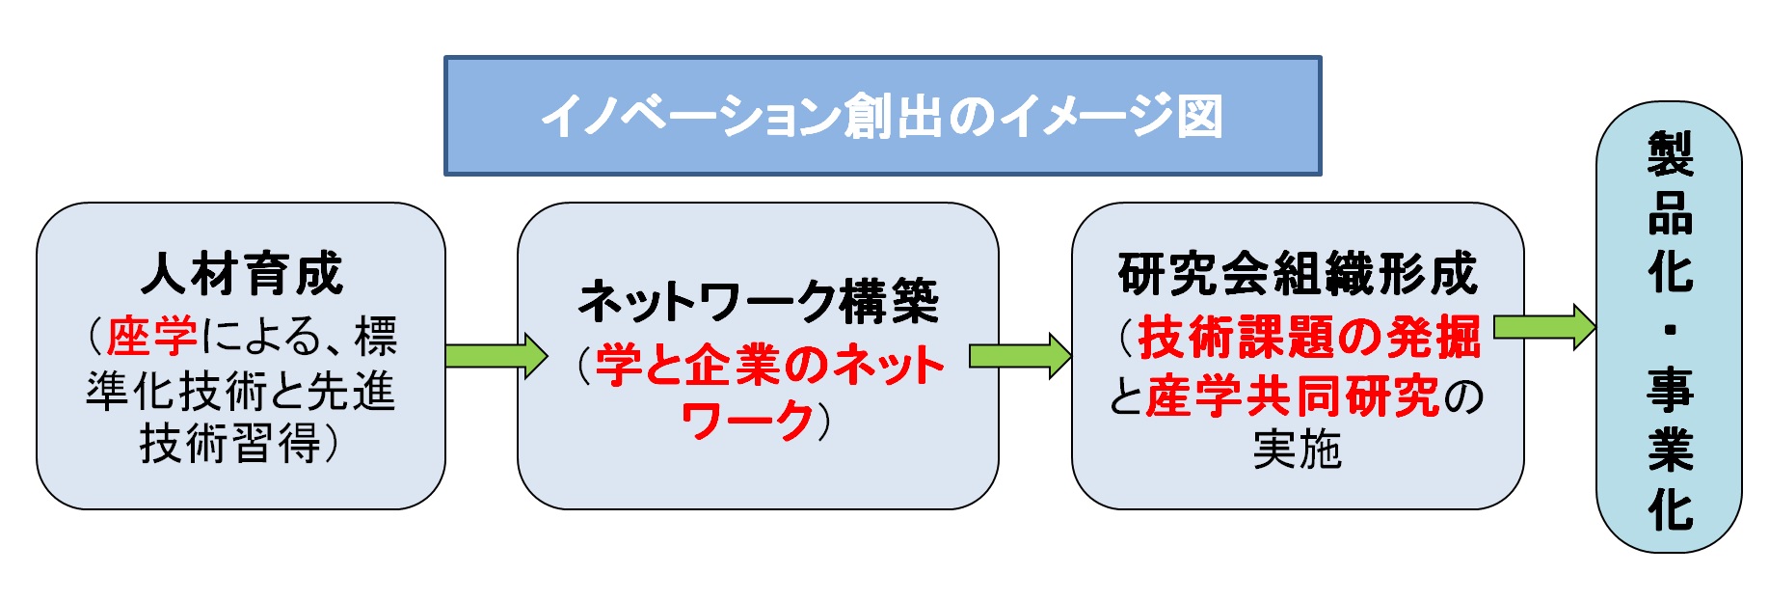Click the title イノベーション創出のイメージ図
[882, 117]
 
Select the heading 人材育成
[242, 274]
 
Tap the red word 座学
[151, 336]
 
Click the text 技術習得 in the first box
[230, 444]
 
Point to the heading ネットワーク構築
[758, 301]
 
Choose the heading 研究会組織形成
[1298, 274]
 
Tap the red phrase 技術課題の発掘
[1309, 337]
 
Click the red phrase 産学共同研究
[1293, 396]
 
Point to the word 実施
[1298, 450]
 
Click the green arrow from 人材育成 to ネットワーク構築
[496, 355]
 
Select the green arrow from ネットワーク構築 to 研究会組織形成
[1020, 356]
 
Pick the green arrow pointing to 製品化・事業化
[1544, 327]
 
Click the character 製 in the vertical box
[1670, 154]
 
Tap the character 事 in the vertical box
[1670, 389]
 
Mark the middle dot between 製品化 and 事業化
[1670, 330]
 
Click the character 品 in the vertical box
[1670, 213]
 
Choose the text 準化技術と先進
[241, 391]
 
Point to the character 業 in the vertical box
[1670, 449]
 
